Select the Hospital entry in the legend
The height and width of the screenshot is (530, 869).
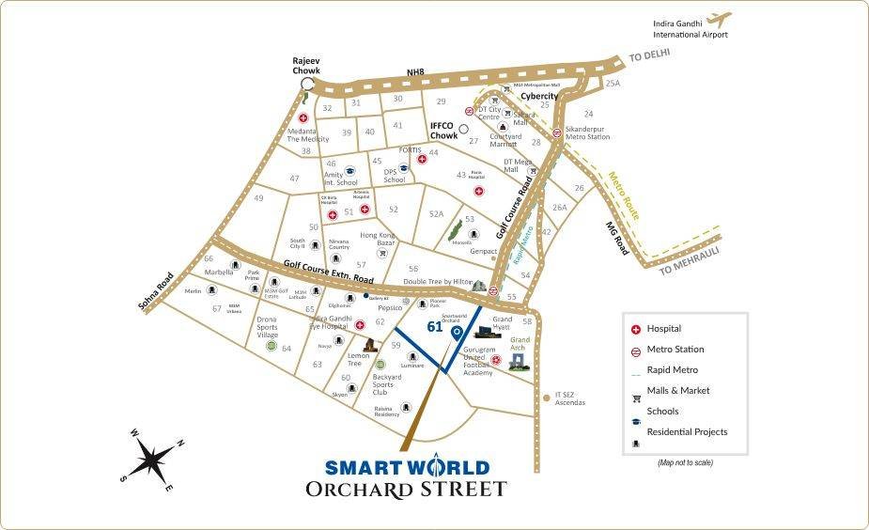(664, 329)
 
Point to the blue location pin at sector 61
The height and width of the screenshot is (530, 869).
(458, 333)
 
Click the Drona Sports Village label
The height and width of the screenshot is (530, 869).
(268, 327)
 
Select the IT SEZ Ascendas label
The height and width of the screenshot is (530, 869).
(569, 398)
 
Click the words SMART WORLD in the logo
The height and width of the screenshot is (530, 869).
(407, 467)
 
